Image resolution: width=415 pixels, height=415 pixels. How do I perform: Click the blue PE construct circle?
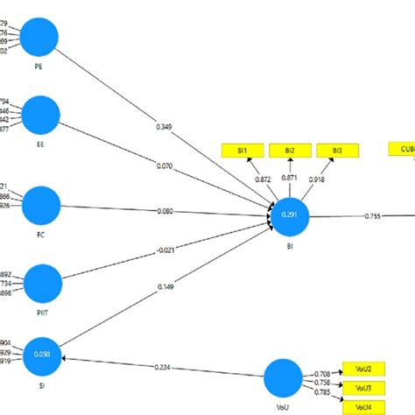pos(39,39)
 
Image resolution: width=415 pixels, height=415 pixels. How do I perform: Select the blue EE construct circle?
pos(40,116)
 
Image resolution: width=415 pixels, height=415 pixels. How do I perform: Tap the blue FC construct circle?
pos(41,205)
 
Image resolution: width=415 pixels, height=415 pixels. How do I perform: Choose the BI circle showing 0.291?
pos(290,215)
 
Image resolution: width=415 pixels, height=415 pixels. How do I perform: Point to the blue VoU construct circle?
pos(282,379)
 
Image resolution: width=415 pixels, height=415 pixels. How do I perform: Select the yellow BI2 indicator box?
pos(289,151)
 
